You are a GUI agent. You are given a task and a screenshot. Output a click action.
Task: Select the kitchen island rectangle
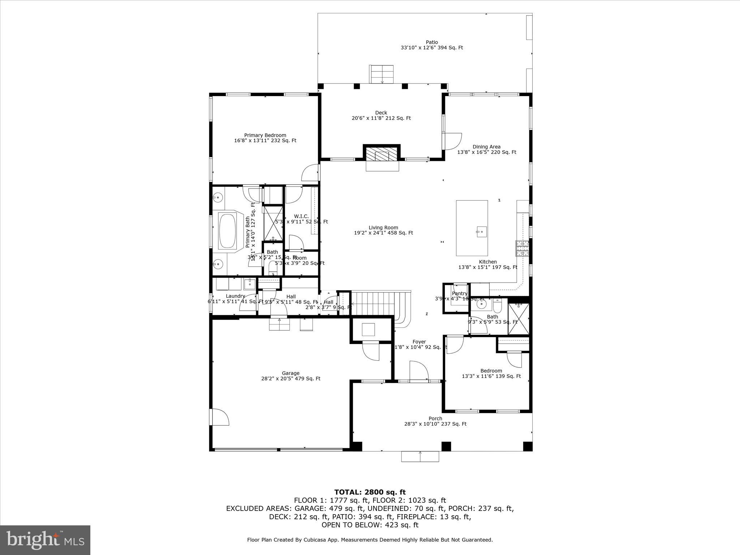[472, 228]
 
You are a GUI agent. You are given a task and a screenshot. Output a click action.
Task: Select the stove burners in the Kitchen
[522, 248]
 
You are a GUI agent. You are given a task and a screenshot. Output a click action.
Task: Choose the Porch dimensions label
[435, 424]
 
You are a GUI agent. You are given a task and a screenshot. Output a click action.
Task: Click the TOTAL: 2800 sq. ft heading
[370, 492]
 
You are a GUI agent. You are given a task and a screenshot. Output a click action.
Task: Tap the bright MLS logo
[45, 540]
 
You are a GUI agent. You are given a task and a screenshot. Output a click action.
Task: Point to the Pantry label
[460, 293]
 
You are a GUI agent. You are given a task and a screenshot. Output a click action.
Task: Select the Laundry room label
[235, 296]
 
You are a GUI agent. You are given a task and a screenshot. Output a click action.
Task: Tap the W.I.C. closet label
[301, 216]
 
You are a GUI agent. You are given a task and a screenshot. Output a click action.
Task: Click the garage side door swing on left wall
[220, 417]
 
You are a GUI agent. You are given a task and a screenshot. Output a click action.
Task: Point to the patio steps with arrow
[381, 74]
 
